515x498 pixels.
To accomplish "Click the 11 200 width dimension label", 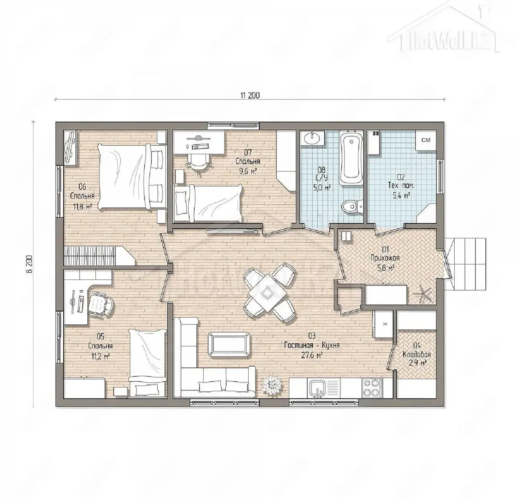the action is [250, 95].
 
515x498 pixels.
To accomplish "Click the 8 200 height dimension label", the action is [30, 264].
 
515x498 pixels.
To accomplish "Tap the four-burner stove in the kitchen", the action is [372, 388].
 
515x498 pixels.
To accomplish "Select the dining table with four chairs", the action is [269, 293].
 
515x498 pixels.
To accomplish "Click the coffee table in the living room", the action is [229, 345].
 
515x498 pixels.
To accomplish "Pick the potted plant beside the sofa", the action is [272, 386].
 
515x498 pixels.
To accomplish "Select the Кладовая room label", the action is [416, 354].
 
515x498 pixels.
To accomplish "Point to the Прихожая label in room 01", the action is [385, 258].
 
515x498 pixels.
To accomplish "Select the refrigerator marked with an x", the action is [382, 324].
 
